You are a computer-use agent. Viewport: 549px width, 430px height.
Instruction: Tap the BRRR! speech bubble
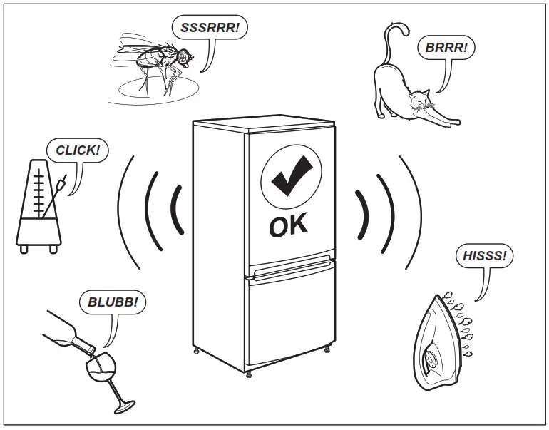pyautogui.click(x=446, y=48)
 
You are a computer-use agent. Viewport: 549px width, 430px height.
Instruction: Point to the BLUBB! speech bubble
pyautogui.click(x=112, y=302)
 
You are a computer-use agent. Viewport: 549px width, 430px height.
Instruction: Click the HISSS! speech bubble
pyautogui.click(x=484, y=256)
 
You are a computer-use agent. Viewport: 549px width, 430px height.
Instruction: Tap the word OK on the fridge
pyautogui.click(x=289, y=225)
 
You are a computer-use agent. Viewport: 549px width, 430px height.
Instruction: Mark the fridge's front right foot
pyautogui.click(x=327, y=349)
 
